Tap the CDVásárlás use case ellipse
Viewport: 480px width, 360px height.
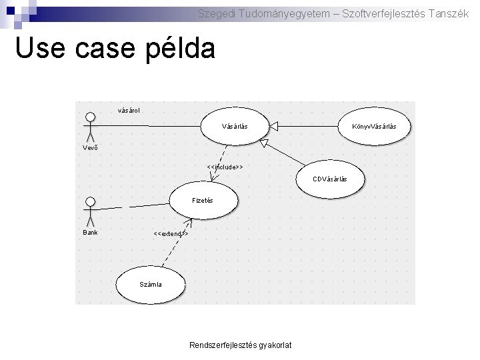click(x=329, y=179)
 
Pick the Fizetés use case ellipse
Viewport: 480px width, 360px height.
click(x=202, y=200)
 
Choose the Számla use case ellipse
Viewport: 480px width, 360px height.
click(x=151, y=284)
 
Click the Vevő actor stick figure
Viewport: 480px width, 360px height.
click(x=89, y=126)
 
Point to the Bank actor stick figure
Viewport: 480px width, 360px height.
click(x=89, y=211)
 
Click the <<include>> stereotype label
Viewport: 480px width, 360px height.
click(x=225, y=166)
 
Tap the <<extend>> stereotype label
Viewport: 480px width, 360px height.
click(x=171, y=234)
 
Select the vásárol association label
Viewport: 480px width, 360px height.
click(x=129, y=109)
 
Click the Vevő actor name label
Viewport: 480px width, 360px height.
click(x=90, y=147)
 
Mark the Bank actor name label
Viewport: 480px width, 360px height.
click(x=90, y=233)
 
